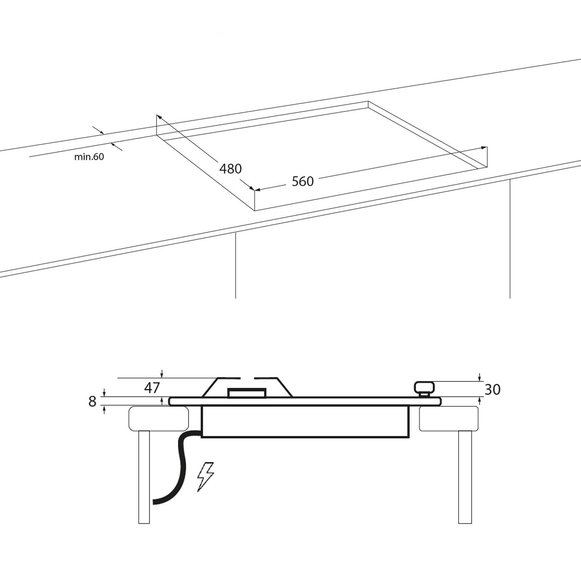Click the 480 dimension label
pyautogui.click(x=231, y=169)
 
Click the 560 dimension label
pyautogui.click(x=302, y=181)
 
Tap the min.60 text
pyautogui.click(x=89, y=157)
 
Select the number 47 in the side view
pyautogui.click(x=152, y=388)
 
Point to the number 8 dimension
pyautogui.click(x=93, y=402)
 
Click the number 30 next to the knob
pyautogui.click(x=492, y=390)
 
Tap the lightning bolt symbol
pyautogui.click(x=205, y=477)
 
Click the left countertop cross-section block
pyautogui.click(x=159, y=419)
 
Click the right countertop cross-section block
pyautogui.click(x=449, y=419)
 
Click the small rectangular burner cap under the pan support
pyautogui.click(x=247, y=393)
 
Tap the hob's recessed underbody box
pyautogui.click(x=305, y=421)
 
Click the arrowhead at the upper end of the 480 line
pyautogui.click(x=159, y=117)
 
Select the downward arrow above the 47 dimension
pyautogui.click(x=162, y=374)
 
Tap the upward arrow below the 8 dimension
pyautogui.click(x=104, y=410)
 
